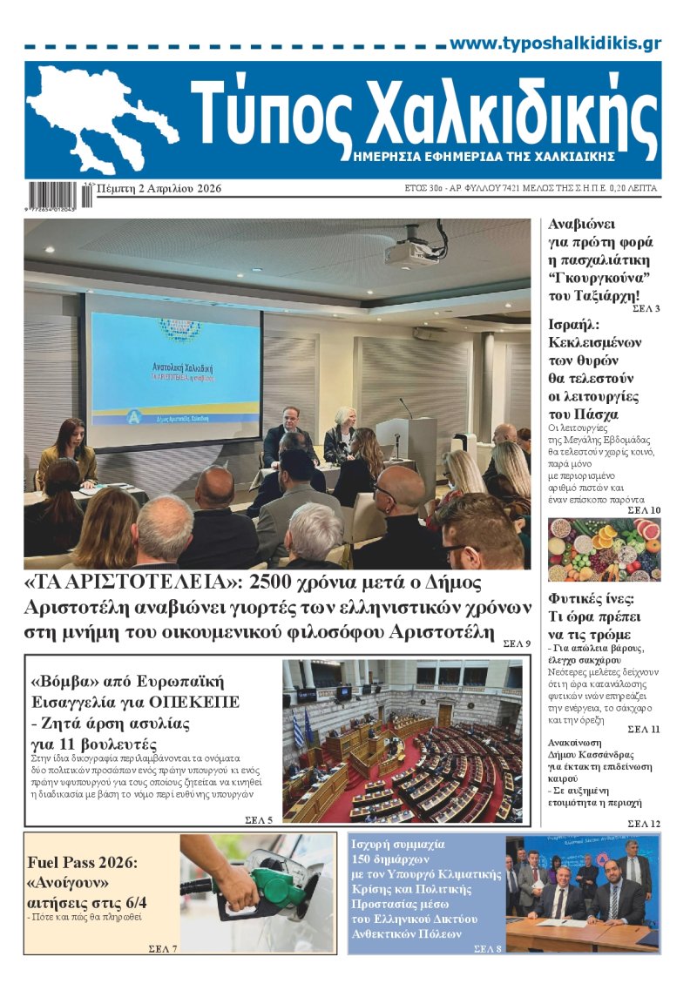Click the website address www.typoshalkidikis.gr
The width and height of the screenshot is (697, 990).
point(555,44)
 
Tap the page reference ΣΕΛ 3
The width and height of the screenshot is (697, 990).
point(646,309)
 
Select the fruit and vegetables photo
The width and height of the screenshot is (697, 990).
point(604,549)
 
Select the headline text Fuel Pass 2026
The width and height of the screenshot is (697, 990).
point(84,863)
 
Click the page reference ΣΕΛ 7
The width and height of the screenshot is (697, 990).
point(163,948)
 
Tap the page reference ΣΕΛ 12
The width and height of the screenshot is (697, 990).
point(644,824)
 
